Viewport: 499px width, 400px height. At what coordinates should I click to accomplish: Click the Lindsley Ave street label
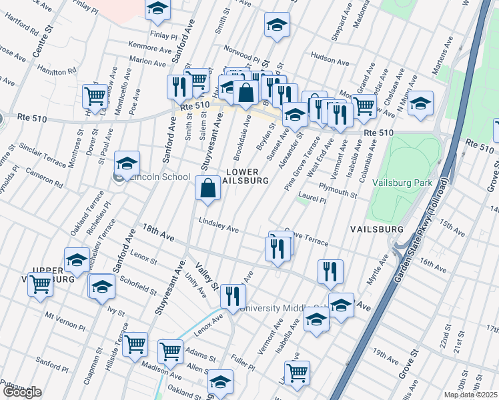click(218, 226)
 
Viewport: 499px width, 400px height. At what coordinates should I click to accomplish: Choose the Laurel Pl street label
click(312, 198)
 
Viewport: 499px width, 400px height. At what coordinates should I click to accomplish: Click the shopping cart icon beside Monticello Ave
click(95, 96)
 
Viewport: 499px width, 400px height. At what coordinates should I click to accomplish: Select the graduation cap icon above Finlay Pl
click(157, 9)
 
